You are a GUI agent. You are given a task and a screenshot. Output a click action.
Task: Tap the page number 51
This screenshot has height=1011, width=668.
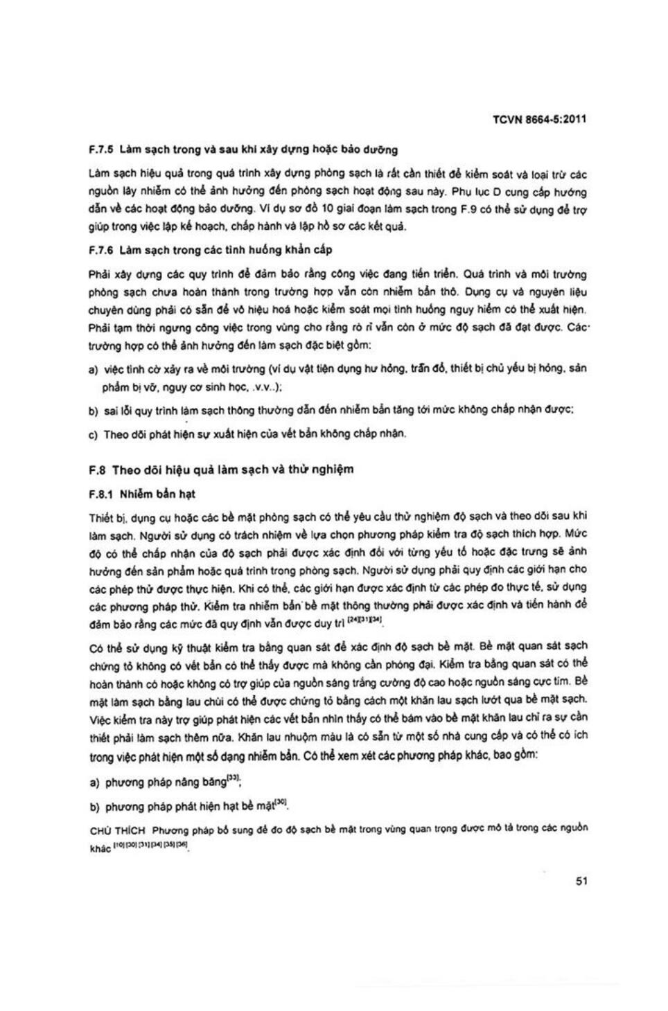point(581,881)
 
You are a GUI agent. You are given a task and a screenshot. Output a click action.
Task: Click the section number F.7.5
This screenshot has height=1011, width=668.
point(101,149)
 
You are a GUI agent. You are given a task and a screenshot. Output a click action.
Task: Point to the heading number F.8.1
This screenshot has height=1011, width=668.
point(101,494)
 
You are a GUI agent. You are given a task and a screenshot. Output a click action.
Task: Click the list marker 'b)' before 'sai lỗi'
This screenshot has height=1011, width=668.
point(93,411)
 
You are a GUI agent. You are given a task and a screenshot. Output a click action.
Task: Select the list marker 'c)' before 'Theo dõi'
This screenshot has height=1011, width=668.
point(93,435)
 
